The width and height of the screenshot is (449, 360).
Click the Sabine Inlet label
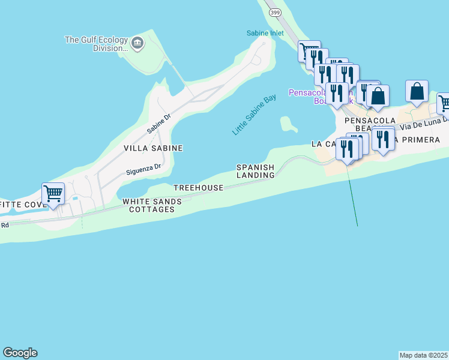tap(264, 33)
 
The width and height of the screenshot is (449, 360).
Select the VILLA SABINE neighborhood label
tap(153, 148)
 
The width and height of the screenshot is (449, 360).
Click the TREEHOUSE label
tap(198, 188)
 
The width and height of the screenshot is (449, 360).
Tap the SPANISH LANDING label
tap(255, 171)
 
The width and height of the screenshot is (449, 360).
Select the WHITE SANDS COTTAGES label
tap(152, 205)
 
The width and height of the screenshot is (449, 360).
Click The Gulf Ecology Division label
tap(97, 44)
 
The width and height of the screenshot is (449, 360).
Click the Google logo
tap(20, 353)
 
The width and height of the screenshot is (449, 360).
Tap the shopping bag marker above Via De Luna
tap(417, 91)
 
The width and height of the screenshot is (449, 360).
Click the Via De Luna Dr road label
tap(423, 124)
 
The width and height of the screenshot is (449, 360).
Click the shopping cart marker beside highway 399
tap(309, 51)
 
